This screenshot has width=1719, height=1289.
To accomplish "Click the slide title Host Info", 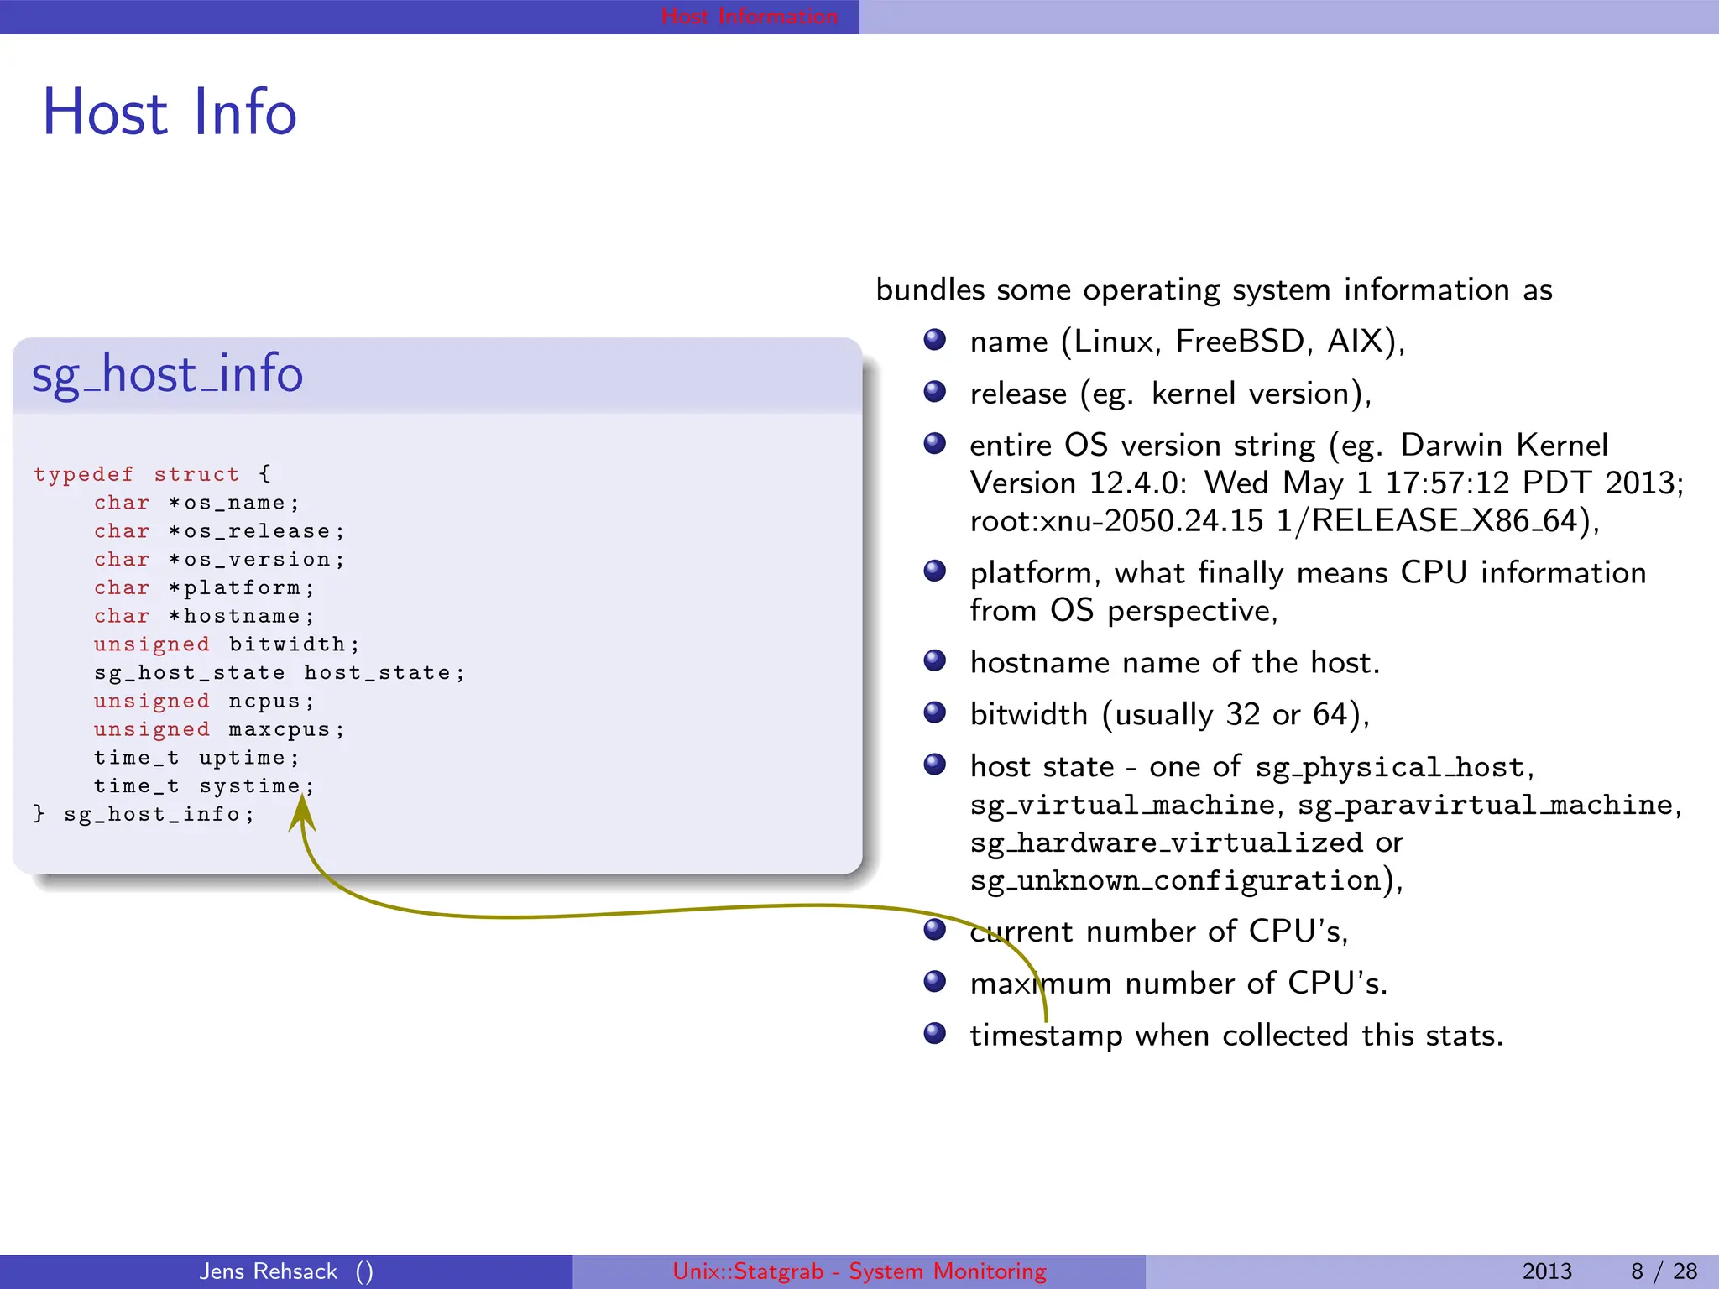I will tap(170, 112).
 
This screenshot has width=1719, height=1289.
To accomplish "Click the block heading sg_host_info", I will tap(167, 374).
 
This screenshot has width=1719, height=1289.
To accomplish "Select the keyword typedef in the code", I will tap(83, 475).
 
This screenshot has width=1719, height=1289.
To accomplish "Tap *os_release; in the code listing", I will tap(256, 532).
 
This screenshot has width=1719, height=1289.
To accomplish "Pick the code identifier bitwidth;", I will tap(294, 644).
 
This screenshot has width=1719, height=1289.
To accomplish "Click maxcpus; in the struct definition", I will tap(286, 730).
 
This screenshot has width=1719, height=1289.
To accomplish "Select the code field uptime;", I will tap(248, 758).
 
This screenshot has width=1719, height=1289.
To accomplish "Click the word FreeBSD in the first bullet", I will tap(1240, 342).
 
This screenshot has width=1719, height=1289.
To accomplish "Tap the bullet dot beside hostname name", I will tap(934, 661).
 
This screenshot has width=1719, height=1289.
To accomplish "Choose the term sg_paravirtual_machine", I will tap(1485, 806).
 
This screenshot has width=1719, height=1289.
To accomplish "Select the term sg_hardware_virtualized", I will tap(1166, 843).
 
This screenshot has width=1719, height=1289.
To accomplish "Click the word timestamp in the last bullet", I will tap(1046, 1036).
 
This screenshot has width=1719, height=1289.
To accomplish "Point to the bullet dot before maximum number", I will tap(934, 982).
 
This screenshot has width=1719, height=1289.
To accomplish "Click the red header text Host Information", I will tap(749, 16).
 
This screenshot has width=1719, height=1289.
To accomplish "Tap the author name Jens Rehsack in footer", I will tap(268, 1271).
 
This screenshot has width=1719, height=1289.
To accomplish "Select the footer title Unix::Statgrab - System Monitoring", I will tap(859, 1271).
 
